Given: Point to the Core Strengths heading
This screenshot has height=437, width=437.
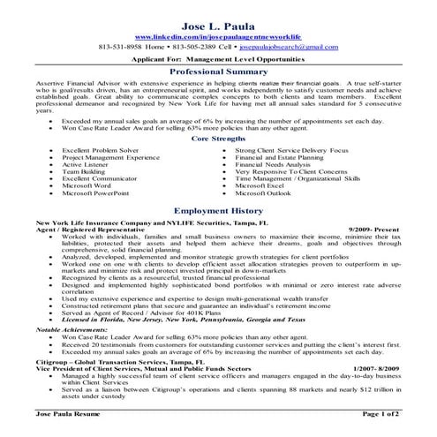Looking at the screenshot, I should tap(218, 139).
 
